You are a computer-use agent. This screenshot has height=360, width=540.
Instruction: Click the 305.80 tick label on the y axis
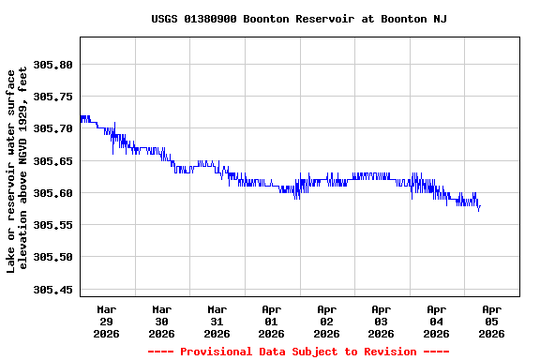coord(52,65)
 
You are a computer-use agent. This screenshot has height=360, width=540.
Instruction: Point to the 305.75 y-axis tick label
coord(52,97)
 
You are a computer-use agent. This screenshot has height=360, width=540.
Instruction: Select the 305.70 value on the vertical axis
coord(52,128)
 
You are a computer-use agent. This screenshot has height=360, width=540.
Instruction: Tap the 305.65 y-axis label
coord(52,161)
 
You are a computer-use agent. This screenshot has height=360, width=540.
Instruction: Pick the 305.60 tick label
coord(52,193)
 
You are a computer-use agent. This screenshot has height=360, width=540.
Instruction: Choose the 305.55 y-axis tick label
coord(52,225)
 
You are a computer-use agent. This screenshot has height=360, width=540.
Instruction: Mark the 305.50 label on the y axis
coord(52,257)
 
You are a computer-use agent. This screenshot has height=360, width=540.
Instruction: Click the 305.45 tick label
coord(52,290)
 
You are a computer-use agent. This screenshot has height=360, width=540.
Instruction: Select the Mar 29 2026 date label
coord(107,321)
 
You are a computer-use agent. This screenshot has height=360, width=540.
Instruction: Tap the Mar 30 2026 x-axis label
coord(161,321)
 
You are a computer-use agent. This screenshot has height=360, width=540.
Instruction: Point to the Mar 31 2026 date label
coord(217,321)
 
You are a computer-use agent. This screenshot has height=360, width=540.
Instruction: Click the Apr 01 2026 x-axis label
coord(272,321)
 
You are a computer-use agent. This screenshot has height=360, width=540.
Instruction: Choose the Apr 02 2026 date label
coord(326,321)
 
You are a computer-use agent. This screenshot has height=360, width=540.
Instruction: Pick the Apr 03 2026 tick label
coord(382,321)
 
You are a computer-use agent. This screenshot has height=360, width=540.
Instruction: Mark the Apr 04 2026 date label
coord(436,321)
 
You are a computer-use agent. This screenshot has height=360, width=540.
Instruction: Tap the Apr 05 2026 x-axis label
coord(491,321)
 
